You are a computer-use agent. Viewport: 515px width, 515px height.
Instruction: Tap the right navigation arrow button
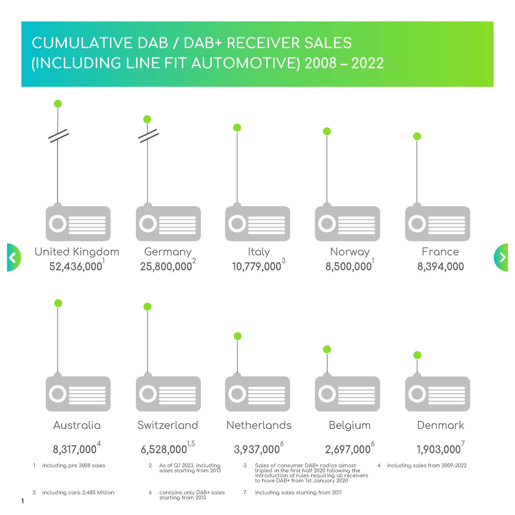[x=501, y=257]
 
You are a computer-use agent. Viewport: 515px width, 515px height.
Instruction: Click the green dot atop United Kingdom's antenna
[x=58, y=104]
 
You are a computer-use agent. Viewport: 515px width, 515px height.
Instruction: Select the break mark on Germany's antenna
[x=148, y=136]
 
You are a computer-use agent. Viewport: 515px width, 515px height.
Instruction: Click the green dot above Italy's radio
[x=237, y=128]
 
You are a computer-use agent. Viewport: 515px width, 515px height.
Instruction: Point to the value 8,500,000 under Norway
[x=348, y=267]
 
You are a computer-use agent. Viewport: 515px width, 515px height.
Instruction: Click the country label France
[x=440, y=252]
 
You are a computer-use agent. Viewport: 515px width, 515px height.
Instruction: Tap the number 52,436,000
[x=76, y=267]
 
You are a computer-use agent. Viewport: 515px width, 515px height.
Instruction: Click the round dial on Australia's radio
[x=58, y=393]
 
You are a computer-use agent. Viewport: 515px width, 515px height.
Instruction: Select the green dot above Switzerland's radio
[x=147, y=307]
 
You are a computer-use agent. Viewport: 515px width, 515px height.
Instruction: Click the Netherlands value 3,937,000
[x=257, y=449]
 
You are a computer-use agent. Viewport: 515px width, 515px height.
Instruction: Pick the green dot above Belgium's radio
[x=327, y=349]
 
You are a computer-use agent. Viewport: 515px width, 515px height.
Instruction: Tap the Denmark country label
[x=440, y=425]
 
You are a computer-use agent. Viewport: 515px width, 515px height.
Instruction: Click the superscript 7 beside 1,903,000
[x=463, y=444]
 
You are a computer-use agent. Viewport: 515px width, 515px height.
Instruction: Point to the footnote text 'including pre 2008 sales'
[x=74, y=466]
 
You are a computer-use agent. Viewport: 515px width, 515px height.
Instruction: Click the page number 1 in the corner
[x=23, y=501]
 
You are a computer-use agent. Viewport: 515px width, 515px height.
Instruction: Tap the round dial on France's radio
[x=417, y=223]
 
